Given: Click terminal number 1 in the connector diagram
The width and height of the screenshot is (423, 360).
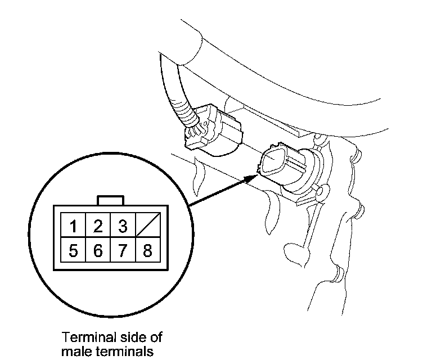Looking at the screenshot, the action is [73, 227].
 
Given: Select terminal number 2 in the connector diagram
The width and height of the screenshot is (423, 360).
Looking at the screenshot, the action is [97, 227].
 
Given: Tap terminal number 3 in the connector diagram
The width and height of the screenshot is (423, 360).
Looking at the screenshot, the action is [122, 227].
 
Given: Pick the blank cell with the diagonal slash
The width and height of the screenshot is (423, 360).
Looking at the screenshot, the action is [147, 227].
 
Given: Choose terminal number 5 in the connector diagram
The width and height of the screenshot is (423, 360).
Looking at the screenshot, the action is [73, 250].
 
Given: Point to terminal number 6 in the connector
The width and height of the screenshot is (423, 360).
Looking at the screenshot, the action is [97, 250].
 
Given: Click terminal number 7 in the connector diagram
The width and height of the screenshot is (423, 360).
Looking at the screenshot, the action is [122, 250].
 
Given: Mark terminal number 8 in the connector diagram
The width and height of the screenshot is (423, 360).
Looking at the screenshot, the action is [147, 250].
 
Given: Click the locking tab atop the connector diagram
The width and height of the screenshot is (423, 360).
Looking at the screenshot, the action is [110, 200].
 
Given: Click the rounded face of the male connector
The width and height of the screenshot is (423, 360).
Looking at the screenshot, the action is [274, 161].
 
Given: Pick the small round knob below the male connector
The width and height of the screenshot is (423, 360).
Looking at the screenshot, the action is [321, 194].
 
